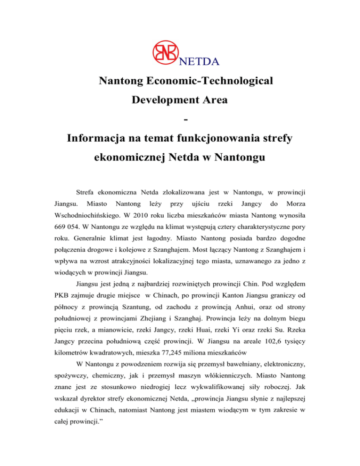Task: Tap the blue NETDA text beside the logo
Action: point(199,60)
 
